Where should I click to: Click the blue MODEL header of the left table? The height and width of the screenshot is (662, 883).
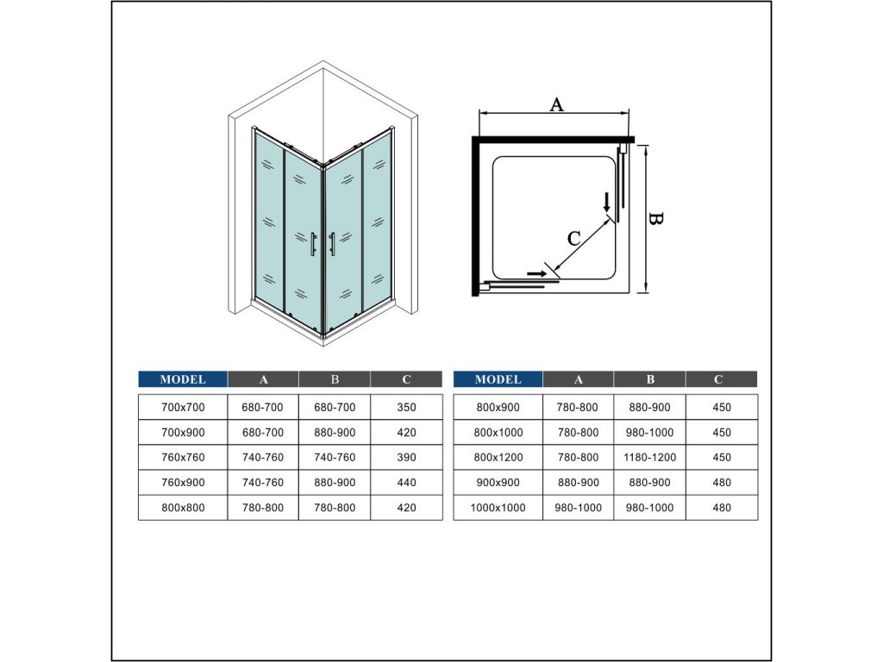click(183, 379)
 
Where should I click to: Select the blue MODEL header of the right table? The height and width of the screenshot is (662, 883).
click(498, 379)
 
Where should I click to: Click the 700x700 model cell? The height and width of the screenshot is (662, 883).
click(183, 408)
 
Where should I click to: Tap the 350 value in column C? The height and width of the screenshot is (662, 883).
click(407, 408)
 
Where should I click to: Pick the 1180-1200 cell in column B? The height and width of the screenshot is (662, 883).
click(650, 458)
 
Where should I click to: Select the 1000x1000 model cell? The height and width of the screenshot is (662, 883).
click(498, 508)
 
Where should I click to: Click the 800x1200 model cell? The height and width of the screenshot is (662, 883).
click(498, 458)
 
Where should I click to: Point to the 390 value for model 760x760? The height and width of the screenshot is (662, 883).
click(407, 458)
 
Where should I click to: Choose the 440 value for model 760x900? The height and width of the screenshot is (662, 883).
click(407, 483)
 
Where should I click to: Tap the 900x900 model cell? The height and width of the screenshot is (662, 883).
click(498, 483)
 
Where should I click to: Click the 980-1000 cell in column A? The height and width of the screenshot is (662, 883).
click(578, 508)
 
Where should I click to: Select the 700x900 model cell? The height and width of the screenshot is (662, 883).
click(183, 433)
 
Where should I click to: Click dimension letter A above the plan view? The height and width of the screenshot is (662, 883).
click(556, 104)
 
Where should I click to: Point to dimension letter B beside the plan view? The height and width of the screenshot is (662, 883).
click(655, 218)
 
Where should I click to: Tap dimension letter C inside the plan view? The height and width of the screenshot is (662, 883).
click(573, 239)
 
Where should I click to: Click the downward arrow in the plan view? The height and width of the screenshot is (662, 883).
click(606, 202)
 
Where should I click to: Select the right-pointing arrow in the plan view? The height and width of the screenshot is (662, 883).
click(536, 273)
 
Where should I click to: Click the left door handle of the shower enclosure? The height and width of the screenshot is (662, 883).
click(313, 244)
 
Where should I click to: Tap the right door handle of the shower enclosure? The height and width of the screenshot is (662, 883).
click(332, 244)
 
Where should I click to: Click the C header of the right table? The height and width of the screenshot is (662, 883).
click(718, 379)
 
